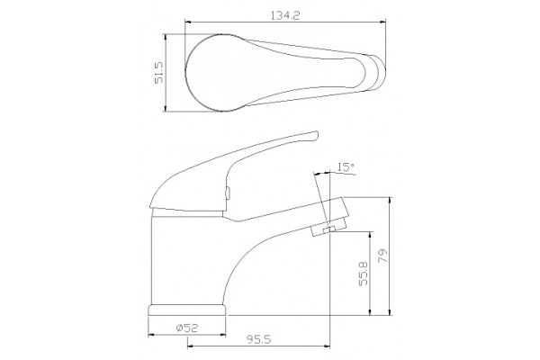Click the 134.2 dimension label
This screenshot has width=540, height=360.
click(285, 15)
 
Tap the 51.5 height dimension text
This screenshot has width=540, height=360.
click(158, 73)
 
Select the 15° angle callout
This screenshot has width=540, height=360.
click(346, 167)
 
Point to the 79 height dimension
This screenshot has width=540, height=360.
click(382, 256)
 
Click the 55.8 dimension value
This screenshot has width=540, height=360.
click(364, 274)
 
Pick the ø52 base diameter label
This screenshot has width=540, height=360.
click(187, 328)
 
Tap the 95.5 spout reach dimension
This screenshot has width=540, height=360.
click(259, 339)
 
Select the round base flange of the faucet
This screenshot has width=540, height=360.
click(187, 310)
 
